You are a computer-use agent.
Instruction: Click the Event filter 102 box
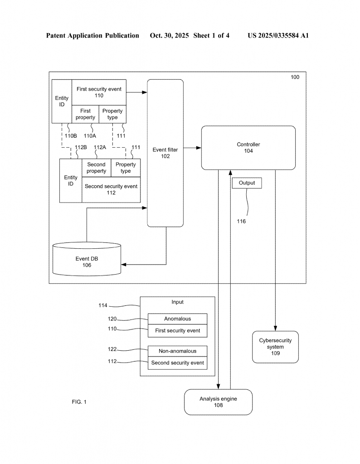coord(165,153)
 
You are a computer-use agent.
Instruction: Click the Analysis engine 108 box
coord(218,402)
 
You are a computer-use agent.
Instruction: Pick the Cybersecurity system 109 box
coord(275,347)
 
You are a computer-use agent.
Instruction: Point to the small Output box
coord(247,183)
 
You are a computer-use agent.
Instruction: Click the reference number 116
coord(241,222)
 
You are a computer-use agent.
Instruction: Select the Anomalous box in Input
coord(177,319)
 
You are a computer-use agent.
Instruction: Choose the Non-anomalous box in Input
coord(177,351)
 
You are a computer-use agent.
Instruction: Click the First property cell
coord(85,114)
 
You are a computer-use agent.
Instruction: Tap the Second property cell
coord(96,168)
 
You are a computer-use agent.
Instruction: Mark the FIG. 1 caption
coord(78,402)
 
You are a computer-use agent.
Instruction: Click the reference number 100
coord(295,77)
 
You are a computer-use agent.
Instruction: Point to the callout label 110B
coord(71,135)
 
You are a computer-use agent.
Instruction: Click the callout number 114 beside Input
coord(103,305)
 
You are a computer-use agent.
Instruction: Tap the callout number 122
coord(112,349)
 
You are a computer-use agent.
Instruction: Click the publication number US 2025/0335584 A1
coord(278,35)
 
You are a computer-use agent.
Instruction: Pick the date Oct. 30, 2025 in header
coord(169,35)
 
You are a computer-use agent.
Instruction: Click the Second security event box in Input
coord(177,363)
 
